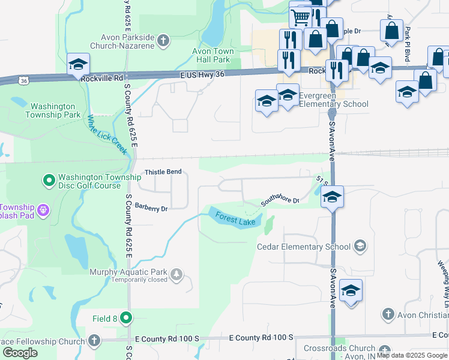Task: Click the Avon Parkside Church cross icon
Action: pos(163,41)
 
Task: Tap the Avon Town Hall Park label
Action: pos(212,56)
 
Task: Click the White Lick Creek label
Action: pos(108,134)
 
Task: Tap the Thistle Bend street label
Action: pos(163,172)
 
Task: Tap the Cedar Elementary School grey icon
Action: pos(360,246)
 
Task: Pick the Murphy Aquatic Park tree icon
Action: pos(176,275)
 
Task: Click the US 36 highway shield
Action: pos(23,80)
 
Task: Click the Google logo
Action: pos(20,353)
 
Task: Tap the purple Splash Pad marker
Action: pos(43,210)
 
